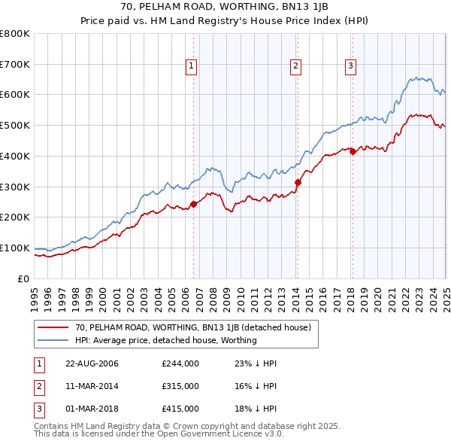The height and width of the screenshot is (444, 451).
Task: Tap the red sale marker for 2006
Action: tap(193, 203)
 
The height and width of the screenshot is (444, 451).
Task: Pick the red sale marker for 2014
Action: tap(298, 181)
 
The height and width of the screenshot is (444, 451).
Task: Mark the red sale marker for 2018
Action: tap(353, 151)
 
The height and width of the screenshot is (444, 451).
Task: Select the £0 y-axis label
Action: tap(24, 278)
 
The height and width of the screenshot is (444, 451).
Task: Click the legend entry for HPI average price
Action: tap(165, 340)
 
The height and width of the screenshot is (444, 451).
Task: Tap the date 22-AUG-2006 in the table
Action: tap(92, 364)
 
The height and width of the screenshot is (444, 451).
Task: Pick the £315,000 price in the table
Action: tap(180, 386)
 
